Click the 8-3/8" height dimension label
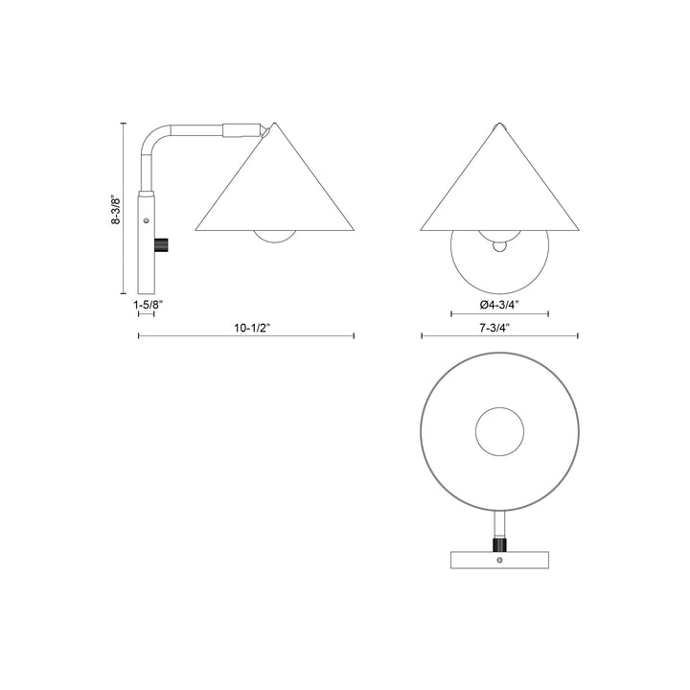[115, 207]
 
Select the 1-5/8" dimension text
[149, 304]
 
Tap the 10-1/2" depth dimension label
[247, 326]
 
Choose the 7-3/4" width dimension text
[499, 326]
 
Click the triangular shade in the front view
[499, 187]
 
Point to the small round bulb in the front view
[499, 247]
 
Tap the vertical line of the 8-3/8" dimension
[124, 207]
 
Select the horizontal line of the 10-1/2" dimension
[247, 335]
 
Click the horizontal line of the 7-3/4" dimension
[499, 335]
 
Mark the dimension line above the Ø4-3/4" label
[499, 313]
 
